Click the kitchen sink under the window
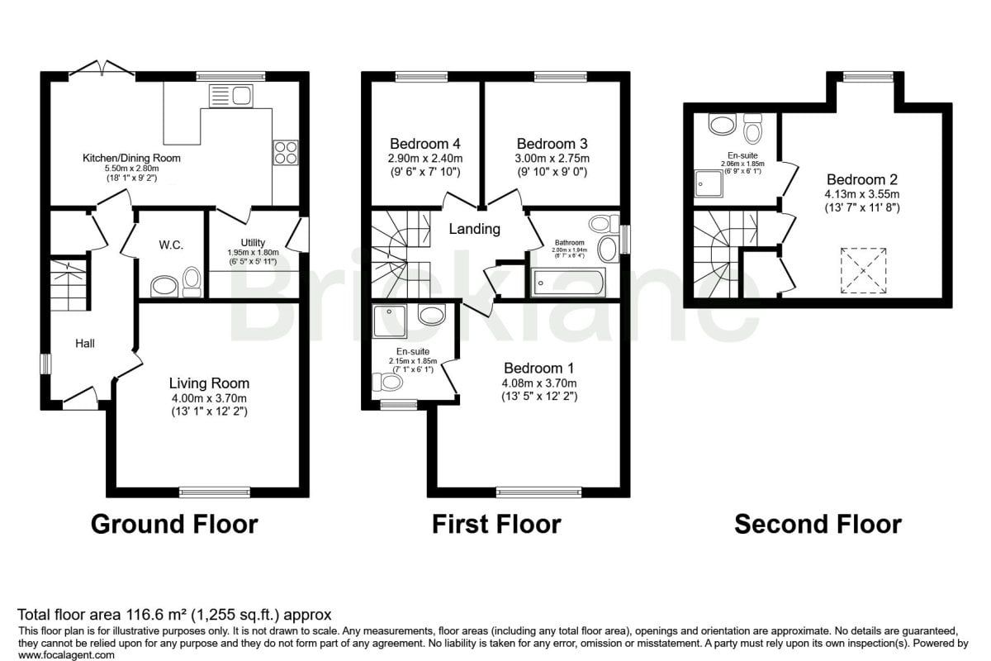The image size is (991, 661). pyautogui.click(x=230, y=96)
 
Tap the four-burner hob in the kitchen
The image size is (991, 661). pyautogui.click(x=286, y=152)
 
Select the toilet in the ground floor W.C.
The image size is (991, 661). pyautogui.click(x=192, y=282)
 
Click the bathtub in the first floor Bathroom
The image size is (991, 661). pyautogui.click(x=568, y=283)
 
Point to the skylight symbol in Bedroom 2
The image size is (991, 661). pyautogui.click(x=864, y=270)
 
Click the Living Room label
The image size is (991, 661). pyautogui.click(x=209, y=383)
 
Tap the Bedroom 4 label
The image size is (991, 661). pyautogui.click(x=425, y=144)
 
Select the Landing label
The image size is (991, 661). pyautogui.click(x=474, y=229)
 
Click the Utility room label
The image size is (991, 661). pyautogui.click(x=253, y=243)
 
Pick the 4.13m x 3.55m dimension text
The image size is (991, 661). pyautogui.click(x=862, y=194)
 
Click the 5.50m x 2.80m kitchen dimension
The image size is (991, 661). pyautogui.click(x=131, y=169)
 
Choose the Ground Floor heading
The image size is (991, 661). pyautogui.click(x=174, y=524)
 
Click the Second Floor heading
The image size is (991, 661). pyautogui.click(x=818, y=524)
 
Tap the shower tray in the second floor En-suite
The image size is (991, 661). pyautogui.click(x=709, y=183)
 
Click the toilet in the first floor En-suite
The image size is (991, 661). pyautogui.click(x=387, y=382)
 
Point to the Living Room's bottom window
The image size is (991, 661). pyautogui.click(x=215, y=492)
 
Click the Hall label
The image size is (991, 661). pyautogui.click(x=84, y=343)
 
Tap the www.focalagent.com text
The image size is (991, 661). pyautogui.click(x=66, y=654)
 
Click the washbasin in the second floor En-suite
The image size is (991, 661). pyautogui.click(x=722, y=123)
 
